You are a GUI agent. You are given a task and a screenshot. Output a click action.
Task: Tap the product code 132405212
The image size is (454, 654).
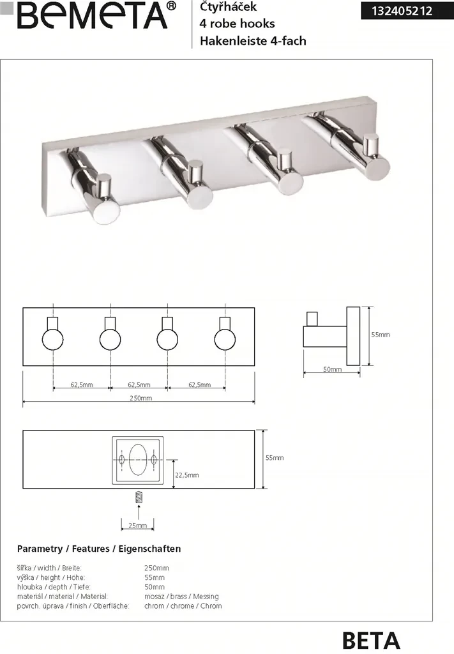click(x=402, y=11)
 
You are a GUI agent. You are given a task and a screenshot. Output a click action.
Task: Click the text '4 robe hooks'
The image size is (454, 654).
click(x=237, y=24)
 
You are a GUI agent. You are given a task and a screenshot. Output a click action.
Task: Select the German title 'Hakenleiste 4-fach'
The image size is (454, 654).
click(x=253, y=41)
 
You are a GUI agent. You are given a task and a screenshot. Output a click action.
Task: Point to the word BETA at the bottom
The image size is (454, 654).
click(x=370, y=640)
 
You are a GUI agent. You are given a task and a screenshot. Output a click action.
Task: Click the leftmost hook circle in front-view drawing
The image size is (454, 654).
click(x=53, y=340)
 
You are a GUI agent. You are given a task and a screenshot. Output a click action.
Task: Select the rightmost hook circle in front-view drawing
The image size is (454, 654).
click(x=225, y=340)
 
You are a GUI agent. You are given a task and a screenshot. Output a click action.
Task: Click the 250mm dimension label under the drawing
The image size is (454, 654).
click(x=141, y=398)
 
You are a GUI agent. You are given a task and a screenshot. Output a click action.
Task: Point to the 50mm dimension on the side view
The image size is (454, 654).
click(x=332, y=369)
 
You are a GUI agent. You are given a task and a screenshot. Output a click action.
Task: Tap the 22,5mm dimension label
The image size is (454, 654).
click(x=186, y=475)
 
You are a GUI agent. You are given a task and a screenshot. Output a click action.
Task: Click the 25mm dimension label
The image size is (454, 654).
click(x=137, y=526)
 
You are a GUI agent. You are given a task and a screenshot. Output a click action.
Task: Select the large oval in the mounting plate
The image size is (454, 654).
click(x=138, y=460)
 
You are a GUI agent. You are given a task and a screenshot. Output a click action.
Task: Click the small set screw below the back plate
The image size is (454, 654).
click(x=139, y=497)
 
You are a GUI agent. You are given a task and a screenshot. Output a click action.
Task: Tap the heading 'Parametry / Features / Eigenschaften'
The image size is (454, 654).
click(x=99, y=549)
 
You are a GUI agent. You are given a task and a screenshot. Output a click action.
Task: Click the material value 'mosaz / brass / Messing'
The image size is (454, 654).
click(x=181, y=597)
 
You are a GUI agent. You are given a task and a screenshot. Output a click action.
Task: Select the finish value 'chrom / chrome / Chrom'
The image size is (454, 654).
click(x=183, y=606)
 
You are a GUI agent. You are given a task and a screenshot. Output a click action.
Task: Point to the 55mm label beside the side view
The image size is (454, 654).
click(x=381, y=335)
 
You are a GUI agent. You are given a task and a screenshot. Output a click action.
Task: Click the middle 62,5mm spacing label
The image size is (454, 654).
click(x=139, y=384)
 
